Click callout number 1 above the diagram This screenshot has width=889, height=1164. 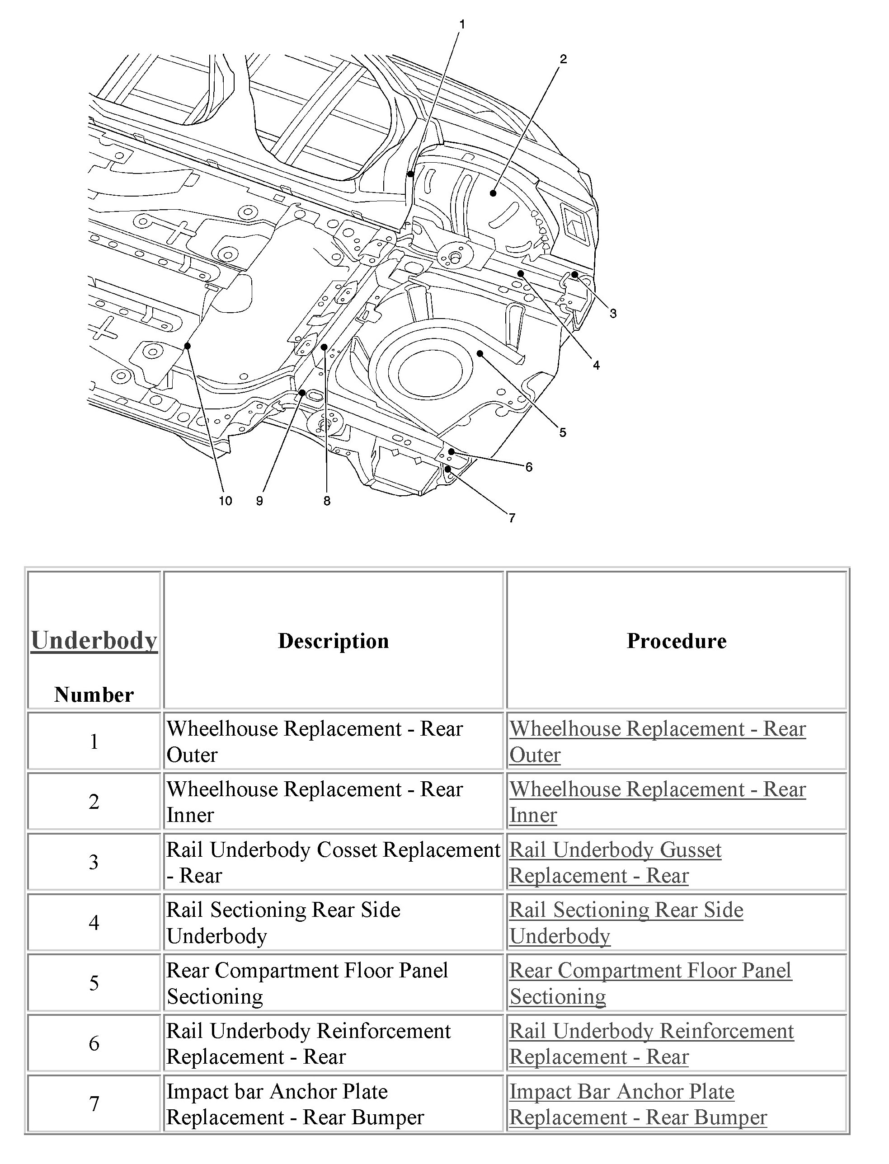point(462,24)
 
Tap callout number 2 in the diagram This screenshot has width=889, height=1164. point(563,59)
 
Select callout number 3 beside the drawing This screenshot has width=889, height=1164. point(613,313)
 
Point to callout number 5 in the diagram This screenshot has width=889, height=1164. point(563,432)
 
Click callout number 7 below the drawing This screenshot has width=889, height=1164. point(512,518)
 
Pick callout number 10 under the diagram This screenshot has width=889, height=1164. point(226,501)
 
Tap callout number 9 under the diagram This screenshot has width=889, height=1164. point(259,501)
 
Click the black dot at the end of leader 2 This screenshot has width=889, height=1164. point(493,193)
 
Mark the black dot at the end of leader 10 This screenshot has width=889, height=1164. point(187,346)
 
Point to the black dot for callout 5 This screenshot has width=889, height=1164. point(480,353)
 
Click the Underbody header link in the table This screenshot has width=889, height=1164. point(94,640)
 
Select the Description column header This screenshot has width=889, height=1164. point(334,641)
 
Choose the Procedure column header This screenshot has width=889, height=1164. point(676,641)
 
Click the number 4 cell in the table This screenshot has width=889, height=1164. point(94,923)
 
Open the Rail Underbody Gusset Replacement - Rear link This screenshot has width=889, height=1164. point(615,863)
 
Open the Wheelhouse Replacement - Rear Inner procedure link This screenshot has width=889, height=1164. point(657,802)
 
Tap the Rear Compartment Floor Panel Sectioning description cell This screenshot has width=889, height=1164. point(307,983)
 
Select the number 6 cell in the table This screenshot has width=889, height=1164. point(94,1043)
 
